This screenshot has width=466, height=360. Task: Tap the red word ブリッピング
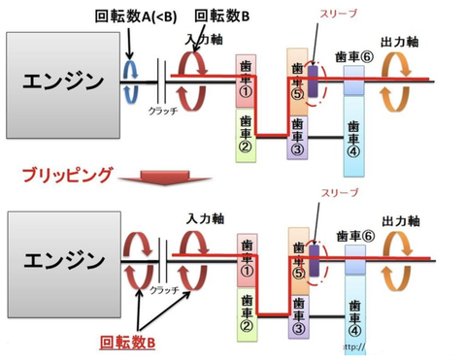68,175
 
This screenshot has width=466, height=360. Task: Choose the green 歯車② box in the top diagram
246,133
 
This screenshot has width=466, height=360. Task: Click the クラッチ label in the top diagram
163,113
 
